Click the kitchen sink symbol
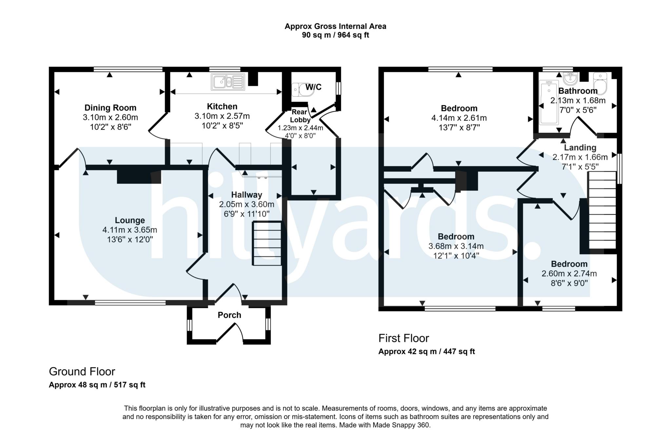coord(228,82)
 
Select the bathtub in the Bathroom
coord(548,102)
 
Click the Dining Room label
coord(110,108)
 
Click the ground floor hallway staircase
coord(267,243)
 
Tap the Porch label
coord(229,315)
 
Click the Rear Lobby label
coord(300,116)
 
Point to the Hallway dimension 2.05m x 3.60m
coord(246,204)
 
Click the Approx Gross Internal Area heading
coord(335,26)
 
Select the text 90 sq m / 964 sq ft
coord(335,35)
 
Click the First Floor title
coord(403,338)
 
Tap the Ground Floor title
coord(82,372)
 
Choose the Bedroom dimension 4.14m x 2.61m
coord(459,118)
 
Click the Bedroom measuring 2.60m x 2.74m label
coord(569,264)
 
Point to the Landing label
coord(580,148)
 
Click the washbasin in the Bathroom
coord(570,78)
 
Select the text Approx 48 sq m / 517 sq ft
coord(97,385)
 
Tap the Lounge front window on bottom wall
coord(130,303)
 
